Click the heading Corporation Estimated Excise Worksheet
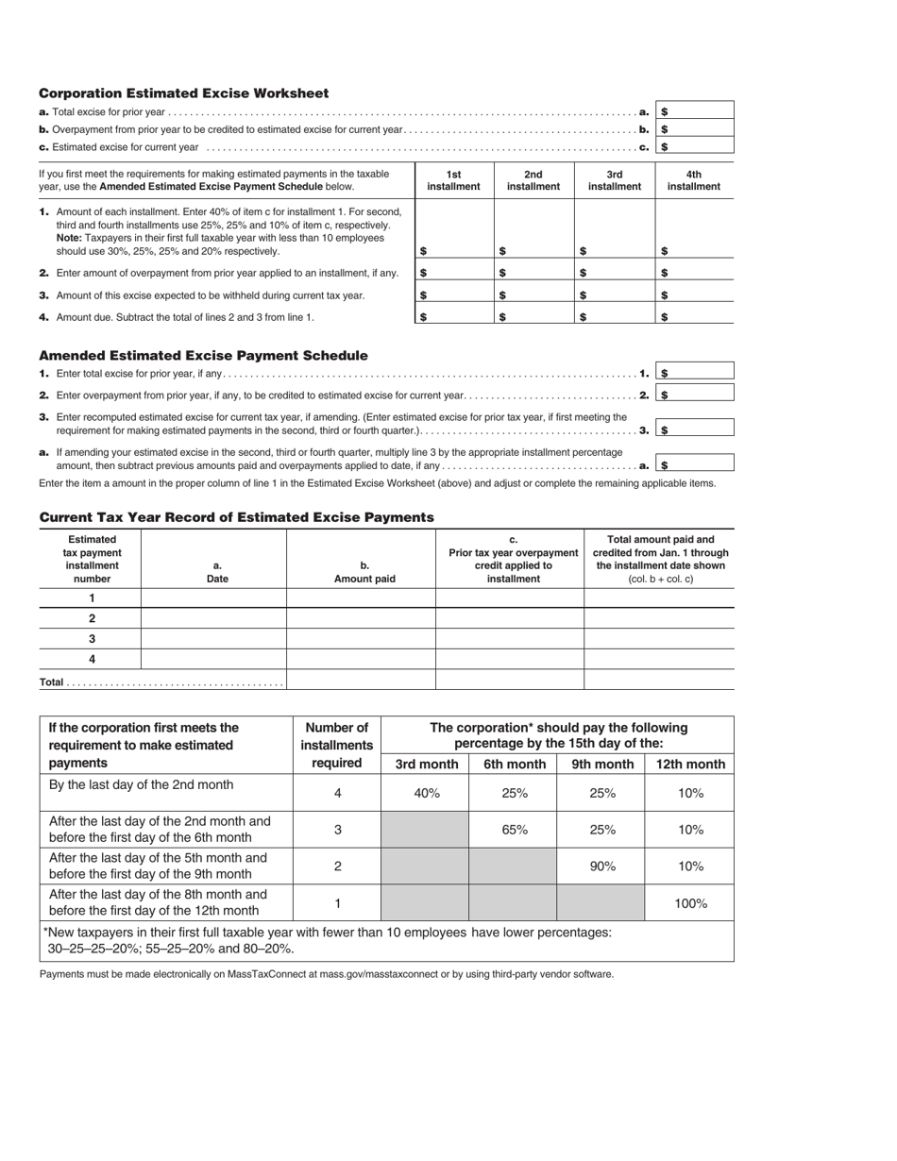point(183,93)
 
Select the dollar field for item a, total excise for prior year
point(696,111)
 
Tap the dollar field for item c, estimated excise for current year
point(696,146)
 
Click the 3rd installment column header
point(615,180)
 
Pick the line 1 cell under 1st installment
point(453,230)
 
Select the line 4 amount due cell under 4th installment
point(694,316)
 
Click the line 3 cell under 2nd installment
point(534,294)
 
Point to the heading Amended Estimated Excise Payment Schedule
point(203,356)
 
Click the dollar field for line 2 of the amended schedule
point(696,395)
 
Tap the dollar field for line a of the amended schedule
point(696,464)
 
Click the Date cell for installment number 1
point(213,597)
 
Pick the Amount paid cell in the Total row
point(360,680)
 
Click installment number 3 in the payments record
point(92,639)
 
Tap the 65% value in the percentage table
point(514,830)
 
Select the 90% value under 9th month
point(602,866)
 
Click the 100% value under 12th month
point(690,903)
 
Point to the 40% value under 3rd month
point(427,793)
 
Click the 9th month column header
point(601,765)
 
